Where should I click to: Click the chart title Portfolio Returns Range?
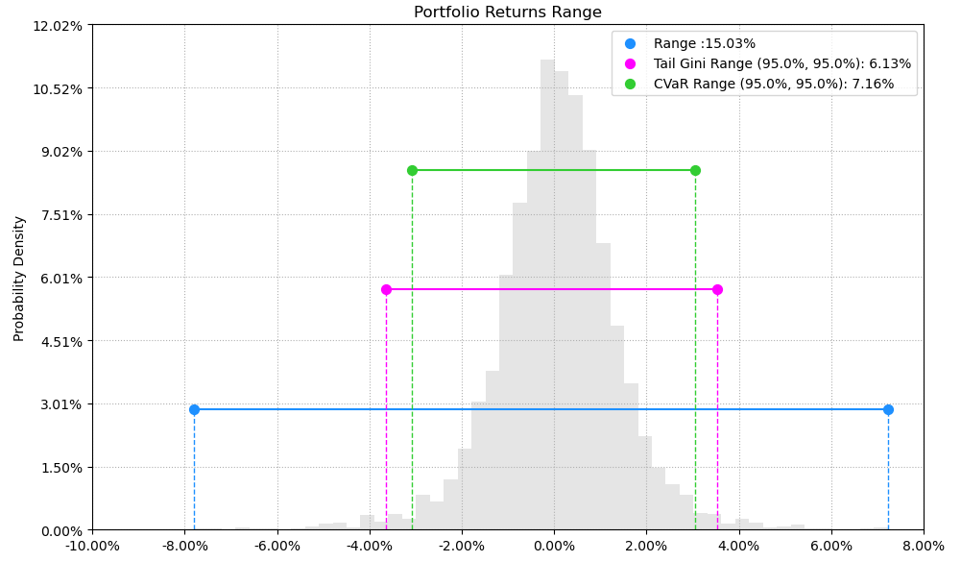click(x=507, y=12)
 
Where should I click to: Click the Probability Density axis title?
click(x=19, y=278)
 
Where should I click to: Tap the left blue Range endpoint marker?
click(x=194, y=409)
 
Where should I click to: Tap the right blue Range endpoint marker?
click(x=888, y=409)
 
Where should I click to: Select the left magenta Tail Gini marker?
click(x=386, y=289)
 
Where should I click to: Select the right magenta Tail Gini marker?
click(x=717, y=289)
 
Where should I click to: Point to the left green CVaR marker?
click(x=412, y=170)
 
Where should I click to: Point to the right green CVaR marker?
click(x=695, y=170)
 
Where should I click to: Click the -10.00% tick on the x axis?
click(x=92, y=547)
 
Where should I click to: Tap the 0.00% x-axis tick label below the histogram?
click(x=554, y=547)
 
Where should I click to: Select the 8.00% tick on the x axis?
click(x=924, y=547)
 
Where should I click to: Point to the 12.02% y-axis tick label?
click(x=57, y=25)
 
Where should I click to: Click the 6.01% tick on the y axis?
click(x=60, y=278)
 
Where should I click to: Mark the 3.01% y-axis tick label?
click(x=60, y=403)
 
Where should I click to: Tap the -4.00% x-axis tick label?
click(x=369, y=547)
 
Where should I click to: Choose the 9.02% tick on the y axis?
click(x=60, y=151)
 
